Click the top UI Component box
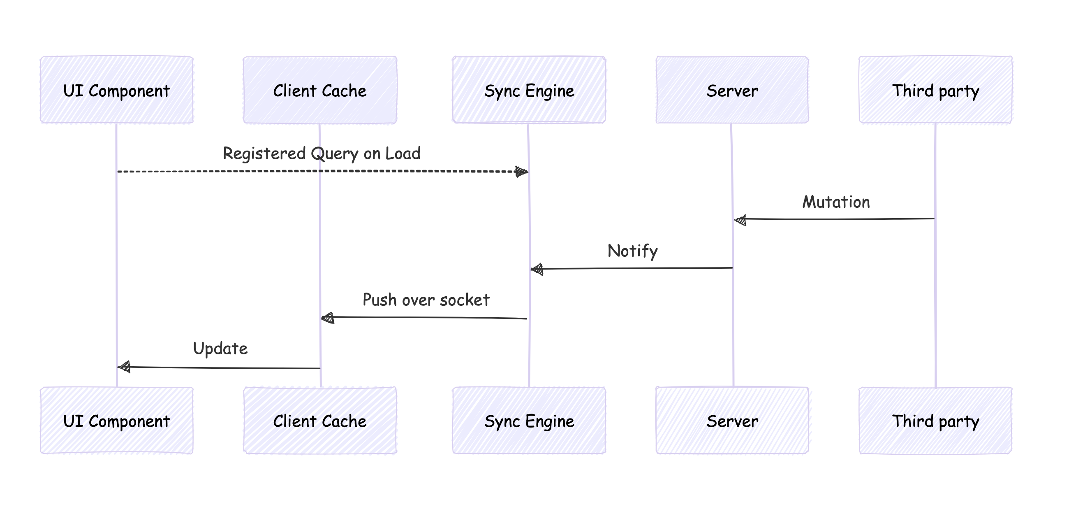[x=117, y=90]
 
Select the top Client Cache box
[x=320, y=90]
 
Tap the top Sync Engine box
[x=529, y=90]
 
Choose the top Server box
[x=732, y=90]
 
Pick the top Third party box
[x=935, y=90]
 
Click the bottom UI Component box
[x=117, y=420]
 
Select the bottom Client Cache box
[x=320, y=420]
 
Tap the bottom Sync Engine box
[x=529, y=420]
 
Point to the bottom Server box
[x=732, y=420]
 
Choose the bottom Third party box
[x=935, y=420]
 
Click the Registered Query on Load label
[x=322, y=153]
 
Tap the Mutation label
[x=836, y=202]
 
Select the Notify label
[x=632, y=251]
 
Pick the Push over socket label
[x=426, y=299]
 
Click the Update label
[x=220, y=349]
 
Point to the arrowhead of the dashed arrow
[x=522, y=172]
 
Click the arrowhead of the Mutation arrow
[x=741, y=220]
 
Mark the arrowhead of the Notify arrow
[x=537, y=269]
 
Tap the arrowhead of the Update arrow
[x=125, y=367]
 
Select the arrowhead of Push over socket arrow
[x=328, y=318]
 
